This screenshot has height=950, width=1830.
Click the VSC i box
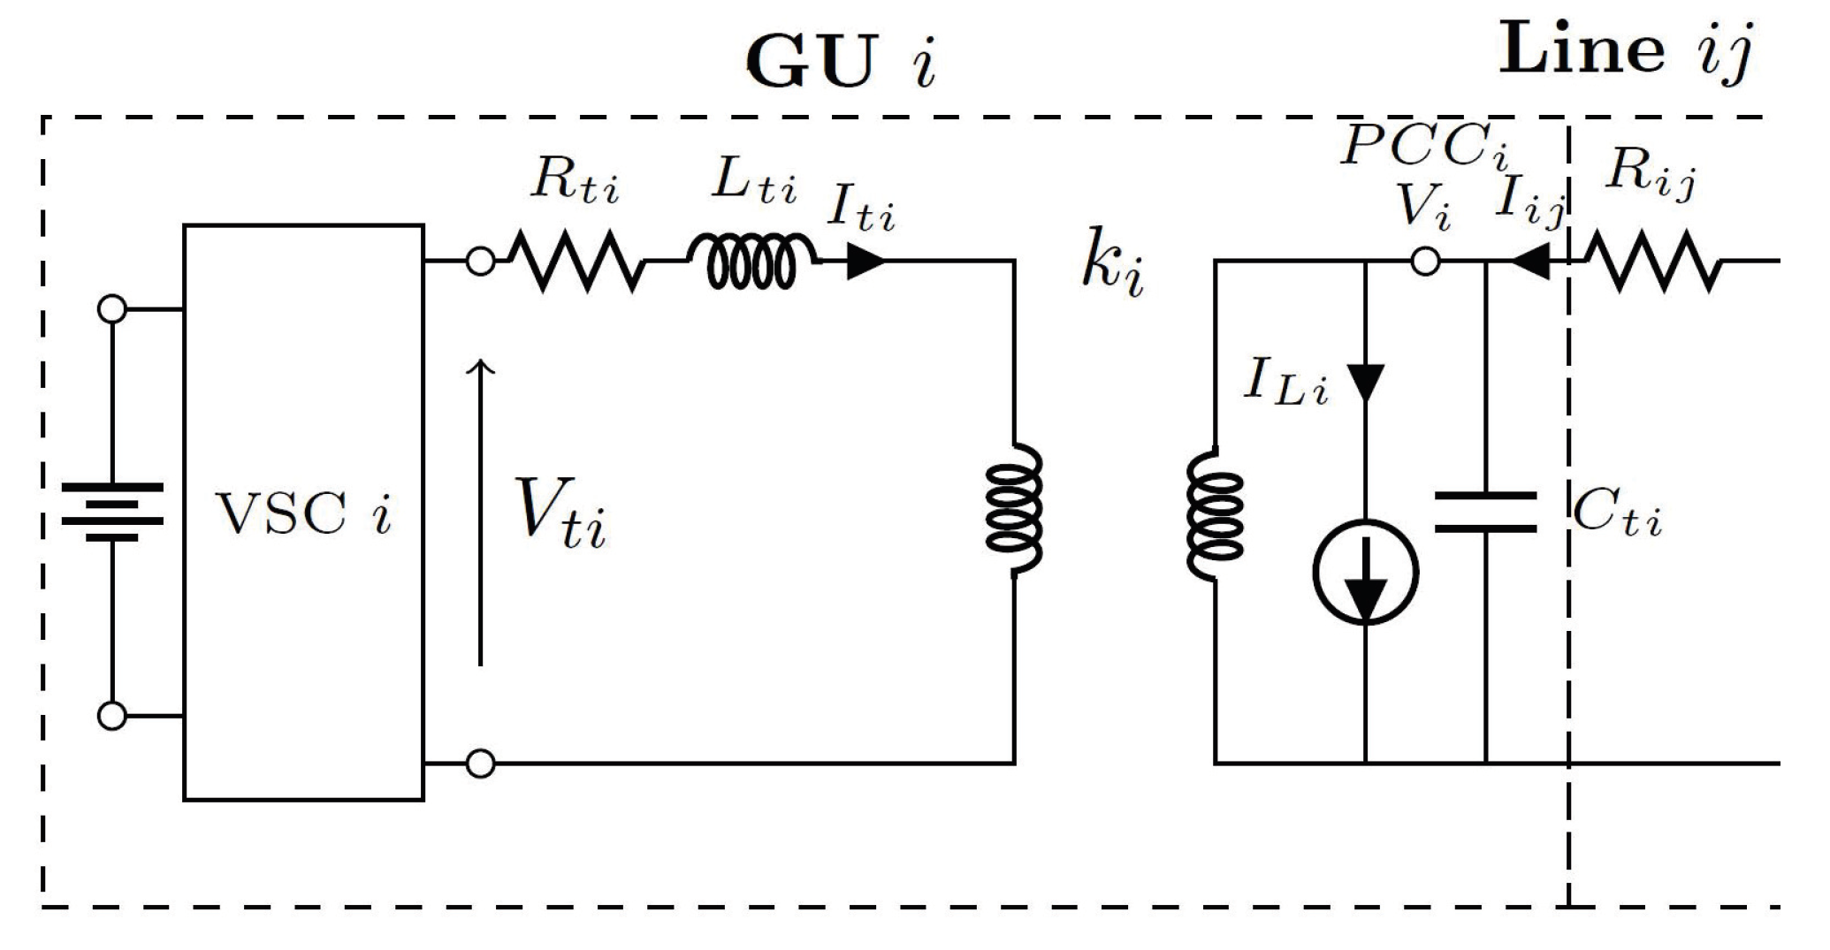(303, 513)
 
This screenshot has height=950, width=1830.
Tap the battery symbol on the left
(112, 512)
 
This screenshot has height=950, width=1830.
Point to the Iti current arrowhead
(865, 262)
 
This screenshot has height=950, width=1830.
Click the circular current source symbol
(1365, 573)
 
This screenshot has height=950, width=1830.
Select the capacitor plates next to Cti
(1485, 513)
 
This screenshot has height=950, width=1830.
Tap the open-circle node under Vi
(1424, 262)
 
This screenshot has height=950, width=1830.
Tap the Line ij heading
(1625, 51)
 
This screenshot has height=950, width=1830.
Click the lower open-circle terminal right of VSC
(480, 763)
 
